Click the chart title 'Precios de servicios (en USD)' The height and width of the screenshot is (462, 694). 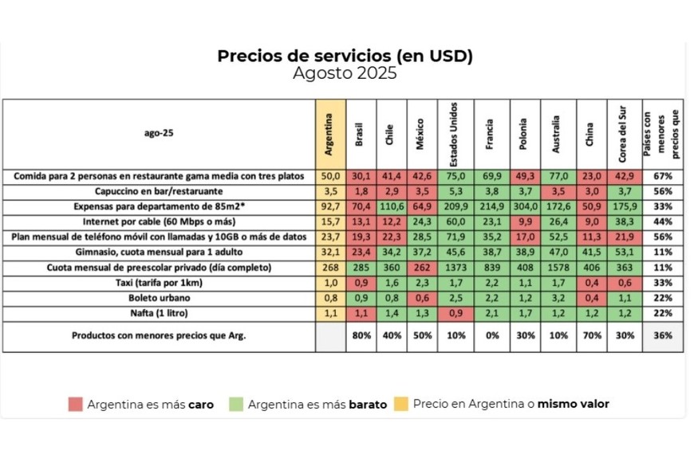(345, 57)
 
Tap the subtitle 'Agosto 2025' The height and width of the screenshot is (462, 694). (345, 73)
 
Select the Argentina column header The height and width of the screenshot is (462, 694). (330, 134)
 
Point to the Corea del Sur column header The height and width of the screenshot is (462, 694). (624, 134)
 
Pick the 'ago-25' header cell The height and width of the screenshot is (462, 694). (162, 134)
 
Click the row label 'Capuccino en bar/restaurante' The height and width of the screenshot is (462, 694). (162, 191)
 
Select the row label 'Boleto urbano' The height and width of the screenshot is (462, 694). (162, 297)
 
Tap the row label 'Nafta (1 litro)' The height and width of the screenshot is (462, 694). (162, 312)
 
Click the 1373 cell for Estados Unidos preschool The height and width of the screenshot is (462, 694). (455, 267)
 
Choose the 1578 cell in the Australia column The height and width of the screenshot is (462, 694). (556, 267)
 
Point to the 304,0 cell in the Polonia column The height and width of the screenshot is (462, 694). (522, 206)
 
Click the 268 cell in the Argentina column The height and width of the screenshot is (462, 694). (330, 267)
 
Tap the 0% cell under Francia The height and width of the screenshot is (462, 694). (490, 335)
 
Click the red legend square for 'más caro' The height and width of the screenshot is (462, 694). (75, 404)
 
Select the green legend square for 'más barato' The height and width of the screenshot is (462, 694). (236, 404)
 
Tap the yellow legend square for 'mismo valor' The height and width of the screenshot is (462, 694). (401, 404)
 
